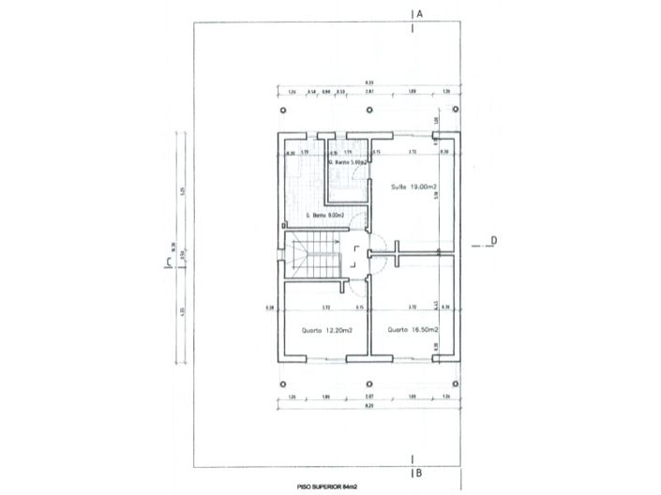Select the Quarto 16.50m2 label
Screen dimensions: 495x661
[x=408, y=330]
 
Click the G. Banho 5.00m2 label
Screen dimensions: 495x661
[x=351, y=163]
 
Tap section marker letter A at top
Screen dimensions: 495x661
[x=422, y=15]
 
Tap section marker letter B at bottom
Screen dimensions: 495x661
[x=422, y=474]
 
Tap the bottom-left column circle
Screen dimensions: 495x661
[x=283, y=382]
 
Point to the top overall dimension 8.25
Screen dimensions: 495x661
[x=368, y=84]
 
